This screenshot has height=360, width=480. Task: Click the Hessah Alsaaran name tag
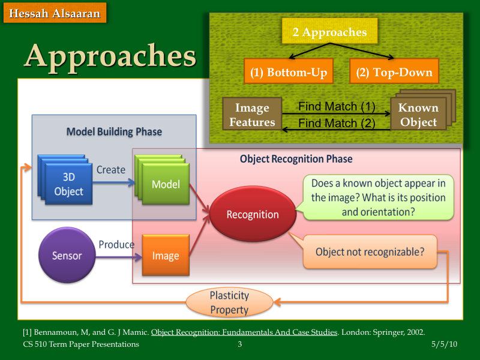coord(55,13)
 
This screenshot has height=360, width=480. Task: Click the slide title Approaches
coord(110,56)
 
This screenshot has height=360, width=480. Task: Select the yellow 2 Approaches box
coord(329,32)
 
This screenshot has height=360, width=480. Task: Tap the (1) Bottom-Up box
coord(289,73)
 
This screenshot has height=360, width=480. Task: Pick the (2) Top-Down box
coord(394,73)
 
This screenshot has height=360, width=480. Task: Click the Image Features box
coord(252,115)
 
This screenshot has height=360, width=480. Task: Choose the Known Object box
coord(418,115)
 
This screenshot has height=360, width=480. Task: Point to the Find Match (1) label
coord(336,107)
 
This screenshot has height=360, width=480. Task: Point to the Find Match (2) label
coord(336,124)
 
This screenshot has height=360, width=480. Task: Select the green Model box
coord(165,184)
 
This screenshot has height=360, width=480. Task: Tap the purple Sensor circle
coord(67,256)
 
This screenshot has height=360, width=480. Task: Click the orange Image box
coord(166,256)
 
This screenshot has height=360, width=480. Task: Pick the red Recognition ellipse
coord(252,214)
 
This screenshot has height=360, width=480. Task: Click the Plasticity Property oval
coord(229,302)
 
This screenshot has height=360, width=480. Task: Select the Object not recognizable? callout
coord(370,252)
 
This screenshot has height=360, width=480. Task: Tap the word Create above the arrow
coord(111,170)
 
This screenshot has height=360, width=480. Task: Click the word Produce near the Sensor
coord(116,245)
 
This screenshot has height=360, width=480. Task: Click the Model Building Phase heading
coord(114,131)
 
